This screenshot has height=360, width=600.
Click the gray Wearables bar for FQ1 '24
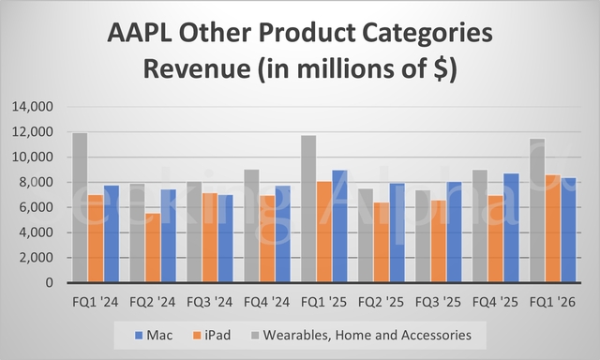click(x=81, y=207)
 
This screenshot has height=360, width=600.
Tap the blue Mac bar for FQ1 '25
click(x=339, y=226)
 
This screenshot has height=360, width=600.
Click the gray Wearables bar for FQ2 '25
click(x=366, y=235)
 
